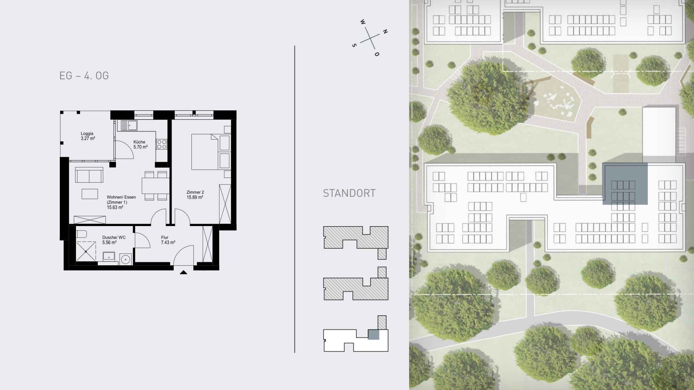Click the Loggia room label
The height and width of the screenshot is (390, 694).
(87, 134)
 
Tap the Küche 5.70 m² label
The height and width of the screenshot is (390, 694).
(140, 144)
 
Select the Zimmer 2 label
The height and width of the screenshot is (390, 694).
(195, 192)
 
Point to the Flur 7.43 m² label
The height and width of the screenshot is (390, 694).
(168, 240)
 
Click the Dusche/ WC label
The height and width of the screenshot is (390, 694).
(114, 237)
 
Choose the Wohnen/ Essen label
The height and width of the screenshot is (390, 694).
(121, 197)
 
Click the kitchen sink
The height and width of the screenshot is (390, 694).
(129, 125)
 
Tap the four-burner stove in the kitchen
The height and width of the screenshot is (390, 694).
(162, 144)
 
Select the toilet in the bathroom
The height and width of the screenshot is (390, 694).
(81, 234)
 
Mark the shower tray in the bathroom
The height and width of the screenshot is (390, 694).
(86, 251)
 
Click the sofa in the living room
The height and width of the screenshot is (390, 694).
(89, 175)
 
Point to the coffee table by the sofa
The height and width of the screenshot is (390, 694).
(90, 194)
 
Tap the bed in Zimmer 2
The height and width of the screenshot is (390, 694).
(205, 152)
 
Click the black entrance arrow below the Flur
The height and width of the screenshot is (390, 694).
(184, 272)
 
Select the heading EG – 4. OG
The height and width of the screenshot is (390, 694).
(84, 76)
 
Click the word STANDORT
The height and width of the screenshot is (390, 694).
(349, 193)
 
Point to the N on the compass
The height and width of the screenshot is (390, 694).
(385, 31)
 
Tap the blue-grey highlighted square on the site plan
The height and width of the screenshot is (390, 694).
(625, 183)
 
